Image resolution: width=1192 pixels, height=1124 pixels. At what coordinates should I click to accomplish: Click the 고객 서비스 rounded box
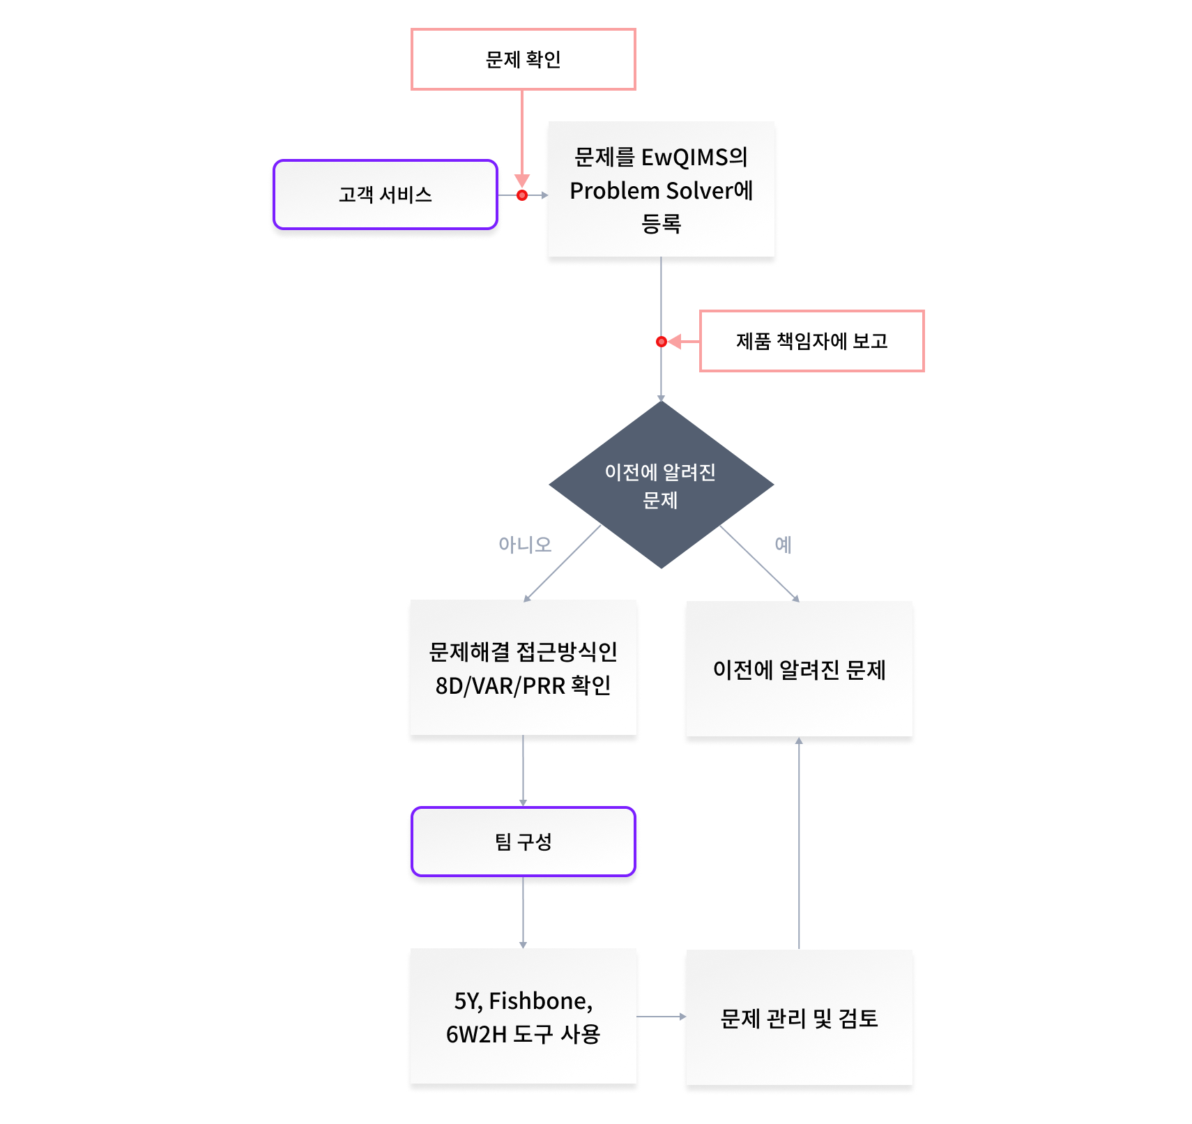click(385, 195)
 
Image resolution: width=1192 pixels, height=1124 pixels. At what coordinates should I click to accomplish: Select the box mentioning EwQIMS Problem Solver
click(661, 190)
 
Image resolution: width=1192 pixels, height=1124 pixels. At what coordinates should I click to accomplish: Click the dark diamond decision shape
click(660, 485)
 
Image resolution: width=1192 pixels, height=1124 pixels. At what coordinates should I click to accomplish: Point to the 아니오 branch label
click(524, 545)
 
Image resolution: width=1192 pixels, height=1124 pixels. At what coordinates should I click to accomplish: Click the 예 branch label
click(782, 545)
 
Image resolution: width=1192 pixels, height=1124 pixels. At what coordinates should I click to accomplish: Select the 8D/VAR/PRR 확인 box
click(523, 668)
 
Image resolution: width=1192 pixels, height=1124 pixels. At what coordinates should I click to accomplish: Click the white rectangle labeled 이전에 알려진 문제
click(799, 669)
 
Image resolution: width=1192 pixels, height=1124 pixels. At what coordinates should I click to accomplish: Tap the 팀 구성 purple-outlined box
click(523, 842)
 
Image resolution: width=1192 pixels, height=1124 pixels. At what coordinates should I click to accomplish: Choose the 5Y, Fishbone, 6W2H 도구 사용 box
click(523, 1017)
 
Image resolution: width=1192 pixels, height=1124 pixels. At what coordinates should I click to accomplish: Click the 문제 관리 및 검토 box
click(799, 1018)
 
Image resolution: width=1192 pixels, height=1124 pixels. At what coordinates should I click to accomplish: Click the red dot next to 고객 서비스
click(522, 195)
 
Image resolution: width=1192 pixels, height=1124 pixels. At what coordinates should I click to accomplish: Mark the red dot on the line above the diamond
click(661, 342)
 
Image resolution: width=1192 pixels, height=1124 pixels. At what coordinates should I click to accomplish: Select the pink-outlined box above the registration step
click(523, 59)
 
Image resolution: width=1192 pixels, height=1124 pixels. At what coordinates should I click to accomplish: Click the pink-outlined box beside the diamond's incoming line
click(811, 341)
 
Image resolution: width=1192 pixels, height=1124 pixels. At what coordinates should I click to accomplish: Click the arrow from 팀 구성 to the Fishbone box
click(523, 912)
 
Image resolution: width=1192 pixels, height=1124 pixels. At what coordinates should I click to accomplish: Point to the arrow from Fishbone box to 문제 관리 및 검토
click(661, 1017)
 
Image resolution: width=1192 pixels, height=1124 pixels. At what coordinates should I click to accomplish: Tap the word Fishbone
click(540, 1001)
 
